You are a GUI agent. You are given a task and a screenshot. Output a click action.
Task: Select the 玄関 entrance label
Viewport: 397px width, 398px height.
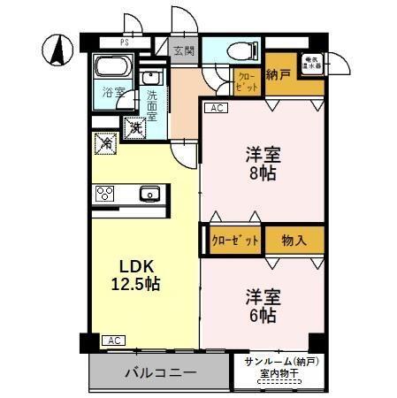click(183, 50)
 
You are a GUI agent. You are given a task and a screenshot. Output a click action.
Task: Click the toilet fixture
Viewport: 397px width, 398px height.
click(241, 50)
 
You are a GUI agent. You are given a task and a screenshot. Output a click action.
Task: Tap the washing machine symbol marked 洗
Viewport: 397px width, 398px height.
click(136, 128)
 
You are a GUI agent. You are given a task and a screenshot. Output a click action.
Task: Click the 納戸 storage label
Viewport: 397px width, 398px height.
click(279, 75)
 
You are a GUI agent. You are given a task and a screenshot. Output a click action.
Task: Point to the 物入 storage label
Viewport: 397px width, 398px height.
click(295, 240)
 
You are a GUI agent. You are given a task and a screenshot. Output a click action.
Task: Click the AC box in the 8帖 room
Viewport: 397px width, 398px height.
click(215, 108)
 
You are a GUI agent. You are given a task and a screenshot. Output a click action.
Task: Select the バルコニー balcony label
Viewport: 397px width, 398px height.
click(160, 372)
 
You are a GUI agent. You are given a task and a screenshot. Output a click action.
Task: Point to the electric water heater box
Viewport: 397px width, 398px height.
click(314, 65)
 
